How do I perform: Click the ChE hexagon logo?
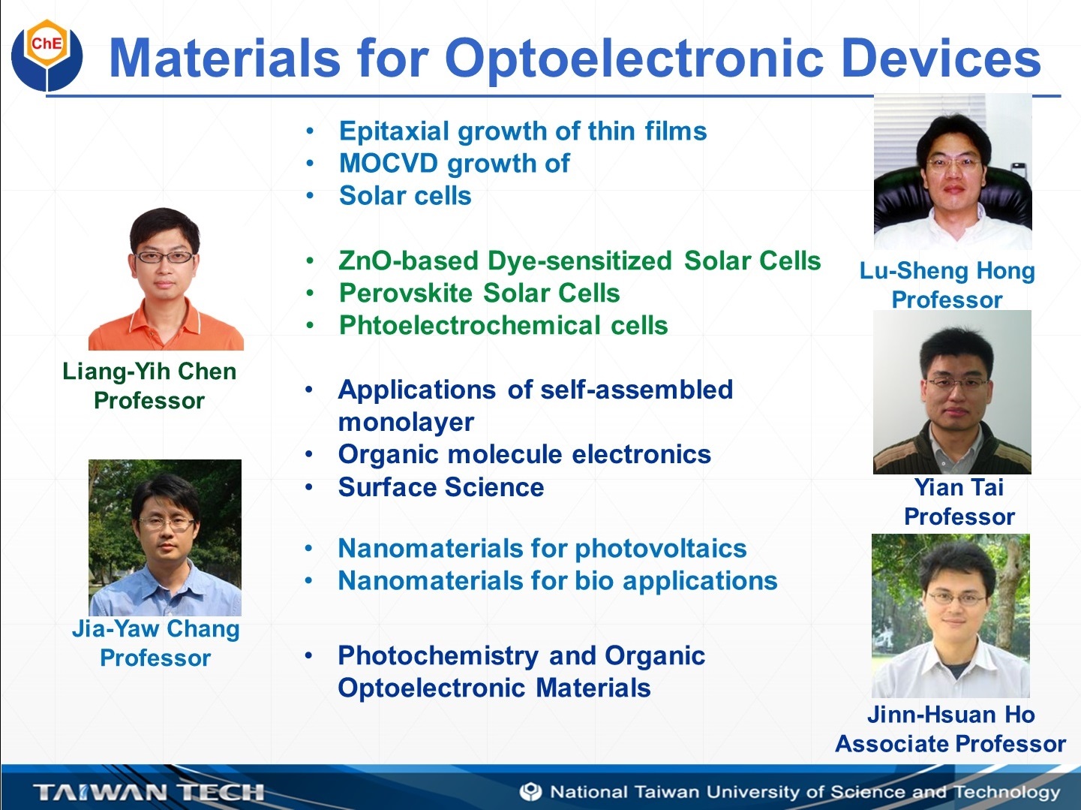point(47,55)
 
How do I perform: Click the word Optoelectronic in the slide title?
point(635,59)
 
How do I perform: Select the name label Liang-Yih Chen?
point(149,372)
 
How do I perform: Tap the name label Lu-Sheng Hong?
point(947,272)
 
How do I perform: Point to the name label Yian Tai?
point(959,487)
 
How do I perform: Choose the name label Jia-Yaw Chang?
point(155,629)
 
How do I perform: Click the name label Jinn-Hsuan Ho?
point(950,715)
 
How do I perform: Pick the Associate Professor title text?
point(950,744)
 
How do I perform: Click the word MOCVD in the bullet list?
point(388,163)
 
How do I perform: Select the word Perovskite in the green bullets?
point(406,294)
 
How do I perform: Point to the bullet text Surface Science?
point(441,487)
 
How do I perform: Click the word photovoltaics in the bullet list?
point(660,548)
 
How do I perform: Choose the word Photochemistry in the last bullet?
point(438,656)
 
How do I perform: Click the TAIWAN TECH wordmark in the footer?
point(149,792)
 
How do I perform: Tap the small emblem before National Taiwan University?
point(531,792)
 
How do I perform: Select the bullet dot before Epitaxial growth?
point(310,131)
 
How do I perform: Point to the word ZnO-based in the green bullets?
point(408,260)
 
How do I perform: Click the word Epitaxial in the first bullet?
point(394,132)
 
